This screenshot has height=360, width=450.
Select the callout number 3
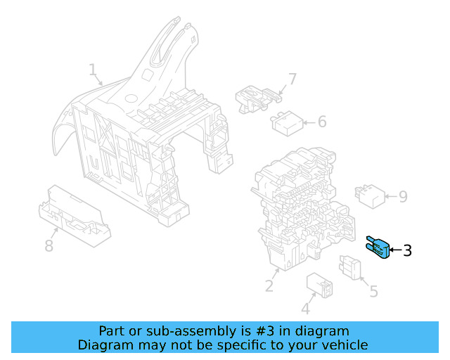click(x=407, y=250)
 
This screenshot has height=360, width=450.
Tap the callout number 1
click(x=92, y=70)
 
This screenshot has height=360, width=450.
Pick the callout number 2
click(x=269, y=285)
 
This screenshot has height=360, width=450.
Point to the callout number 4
click(x=305, y=309)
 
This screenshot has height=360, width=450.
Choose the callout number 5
click(x=373, y=290)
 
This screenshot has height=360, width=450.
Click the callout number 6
click(x=321, y=122)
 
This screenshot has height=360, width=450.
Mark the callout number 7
click(x=292, y=79)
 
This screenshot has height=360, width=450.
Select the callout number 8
click(x=49, y=245)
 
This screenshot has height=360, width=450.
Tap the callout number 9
click(x=402, y=196)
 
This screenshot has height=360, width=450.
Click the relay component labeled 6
click(x=287, y=124)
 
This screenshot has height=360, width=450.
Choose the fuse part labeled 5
click(x=350, y=268)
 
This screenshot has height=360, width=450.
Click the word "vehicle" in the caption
click(x=343, y=345)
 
